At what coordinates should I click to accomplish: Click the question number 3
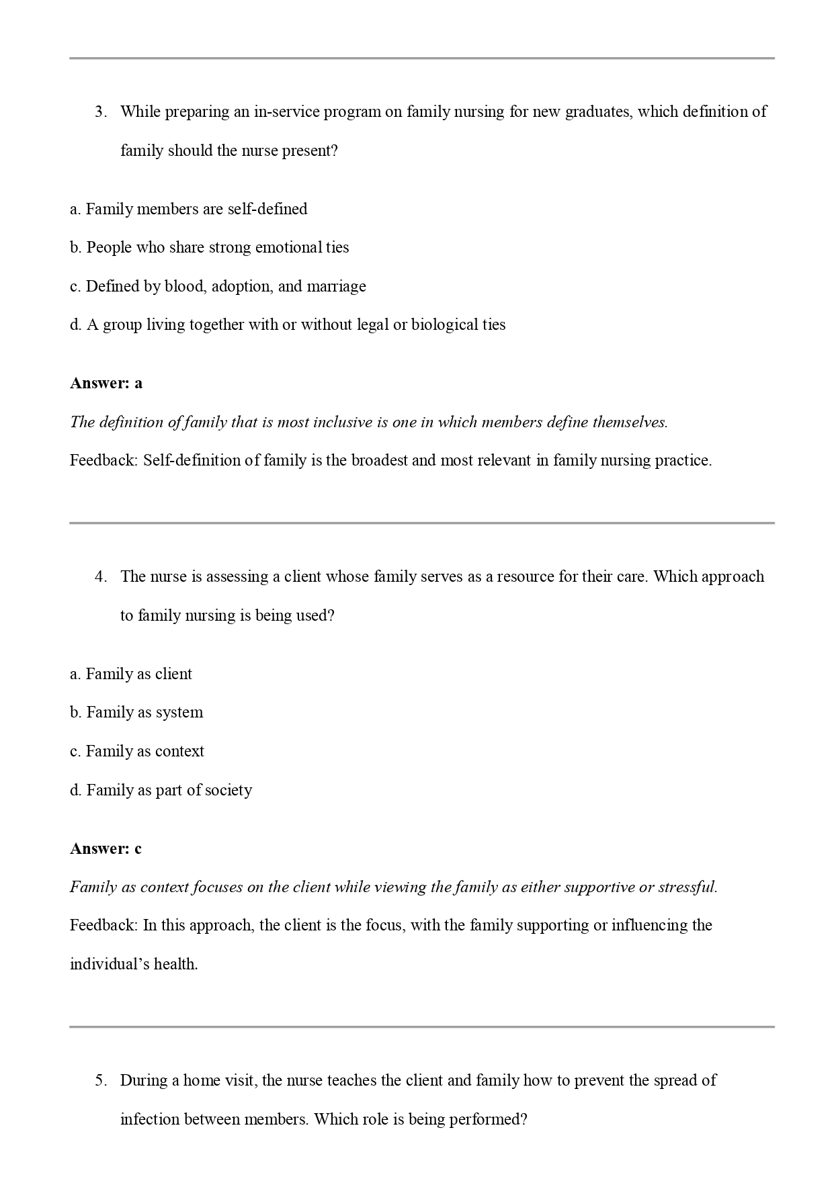tap(101, 112)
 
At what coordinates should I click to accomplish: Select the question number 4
tap(101, 577)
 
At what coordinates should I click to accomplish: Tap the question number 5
tap(101, 1081)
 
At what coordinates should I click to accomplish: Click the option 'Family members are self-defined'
tap(189, 209)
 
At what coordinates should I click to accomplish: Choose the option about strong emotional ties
tap(210, 247)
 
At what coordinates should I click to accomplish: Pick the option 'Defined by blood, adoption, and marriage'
tap(218, 286)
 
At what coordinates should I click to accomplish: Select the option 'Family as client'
tap(131, 674)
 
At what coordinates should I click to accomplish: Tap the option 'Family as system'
tap(136, 712)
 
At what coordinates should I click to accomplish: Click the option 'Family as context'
tap(137, 751)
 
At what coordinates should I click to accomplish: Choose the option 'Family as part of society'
tap(161, 790)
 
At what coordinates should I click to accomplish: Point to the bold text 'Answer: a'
tap(106, 384)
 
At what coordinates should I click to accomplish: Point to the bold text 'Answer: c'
tap(106, 849)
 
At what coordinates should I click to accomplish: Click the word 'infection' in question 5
tap(150, 1120)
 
